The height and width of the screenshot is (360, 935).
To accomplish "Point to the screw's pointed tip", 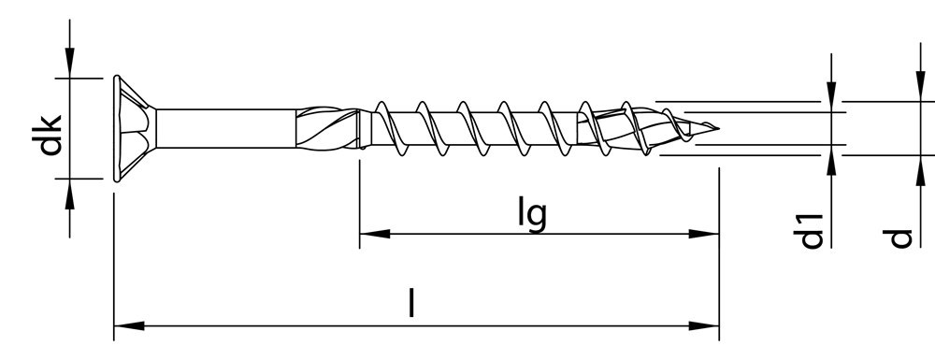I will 715,128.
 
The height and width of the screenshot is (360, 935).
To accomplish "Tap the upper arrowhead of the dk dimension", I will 70,65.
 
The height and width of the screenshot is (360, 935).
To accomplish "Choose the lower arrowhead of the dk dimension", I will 70,189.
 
